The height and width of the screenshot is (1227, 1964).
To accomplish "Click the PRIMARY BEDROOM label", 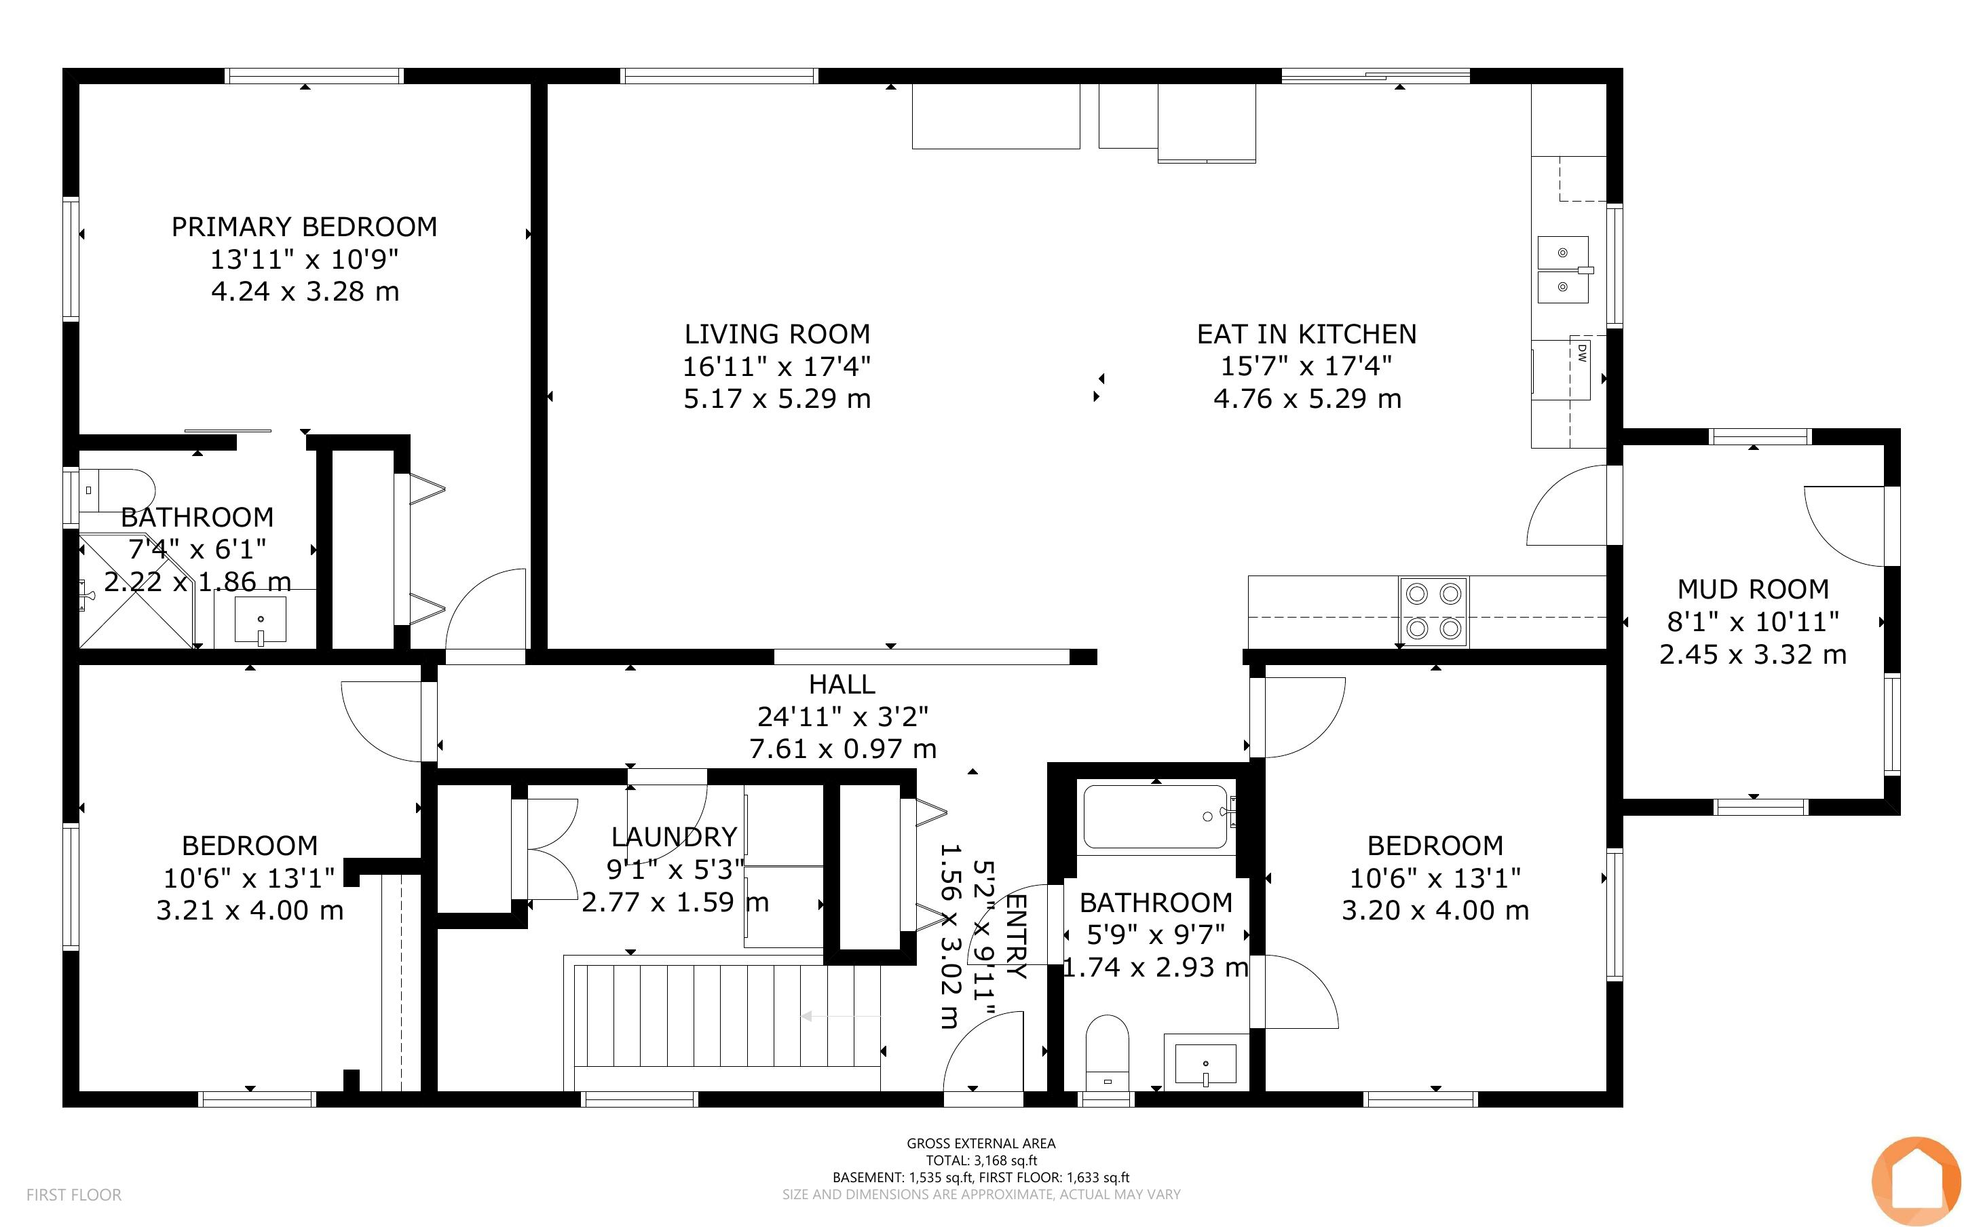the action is click(304, 227).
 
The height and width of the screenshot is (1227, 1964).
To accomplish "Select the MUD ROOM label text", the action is click(1753, 588).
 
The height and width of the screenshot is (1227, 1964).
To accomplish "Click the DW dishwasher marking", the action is click(1581, 352).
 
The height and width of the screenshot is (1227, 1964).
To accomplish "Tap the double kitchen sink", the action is click(1563, 269).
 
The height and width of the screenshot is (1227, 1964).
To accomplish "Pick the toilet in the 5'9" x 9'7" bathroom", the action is click(1108, 1053).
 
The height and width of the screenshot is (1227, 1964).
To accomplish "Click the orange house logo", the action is click(1916, 1182).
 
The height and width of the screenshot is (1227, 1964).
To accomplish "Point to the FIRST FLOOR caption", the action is click(74, 1194).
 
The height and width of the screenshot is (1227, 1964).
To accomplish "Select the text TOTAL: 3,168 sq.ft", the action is click(981, 1160).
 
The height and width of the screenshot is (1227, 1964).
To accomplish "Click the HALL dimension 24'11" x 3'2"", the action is click(842, 716).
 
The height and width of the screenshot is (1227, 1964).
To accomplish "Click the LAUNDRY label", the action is click(674, 836).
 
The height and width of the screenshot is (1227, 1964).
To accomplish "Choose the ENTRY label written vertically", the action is click(1016, 936).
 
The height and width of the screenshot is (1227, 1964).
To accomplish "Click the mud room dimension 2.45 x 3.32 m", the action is click(1753, 654).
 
